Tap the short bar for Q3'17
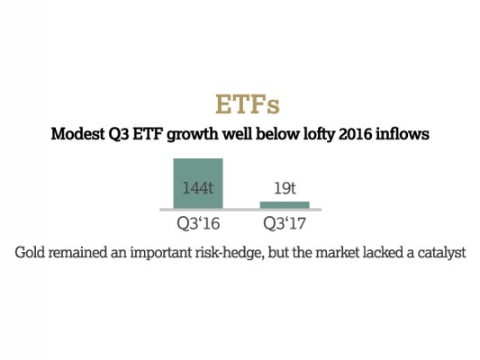(x=285, y=205)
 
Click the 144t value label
(x=197, y=189)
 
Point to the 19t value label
(x=285, y=189)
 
